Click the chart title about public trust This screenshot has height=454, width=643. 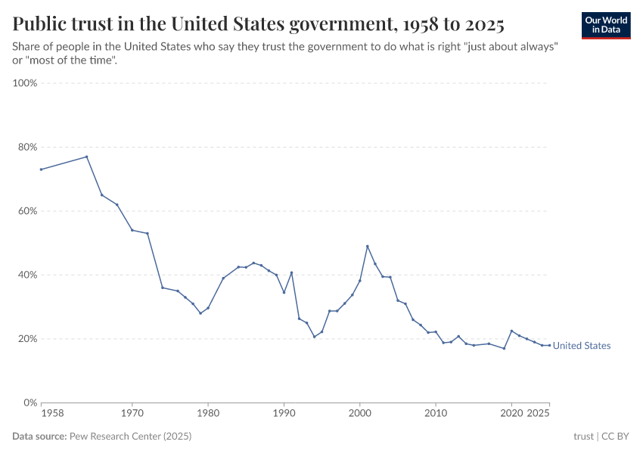[258, 24]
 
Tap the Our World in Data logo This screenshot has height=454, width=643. [605, 25]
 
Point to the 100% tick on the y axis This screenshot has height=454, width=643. [25, 83]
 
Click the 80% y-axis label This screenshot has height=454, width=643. [26, 147]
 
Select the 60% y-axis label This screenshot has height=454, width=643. [26, 211]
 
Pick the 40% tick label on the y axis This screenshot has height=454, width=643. [26, 275]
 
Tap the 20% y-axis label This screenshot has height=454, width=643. [26, 339]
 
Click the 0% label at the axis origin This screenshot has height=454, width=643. [30, 403]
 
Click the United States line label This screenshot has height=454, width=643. [581, 346]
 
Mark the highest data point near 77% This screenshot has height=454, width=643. [87, 157]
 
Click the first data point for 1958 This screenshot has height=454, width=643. [41, 169]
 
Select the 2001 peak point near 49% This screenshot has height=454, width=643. [368, 246]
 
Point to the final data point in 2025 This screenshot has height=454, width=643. [549, 345]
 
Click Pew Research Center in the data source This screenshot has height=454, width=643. [130, 437]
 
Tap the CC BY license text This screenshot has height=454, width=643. [617, 437]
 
